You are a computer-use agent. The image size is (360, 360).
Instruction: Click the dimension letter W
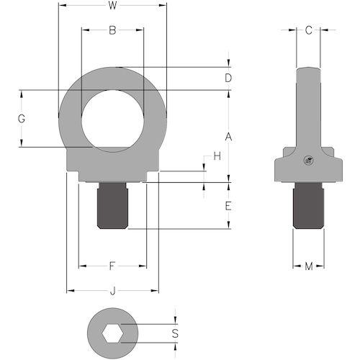pyautogui.click(x=112, y=5)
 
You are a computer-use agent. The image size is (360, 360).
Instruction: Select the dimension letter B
pyautogui.click(x=112, y=30)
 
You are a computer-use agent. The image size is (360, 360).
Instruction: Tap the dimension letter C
pyautogui.click(x=309, y=30)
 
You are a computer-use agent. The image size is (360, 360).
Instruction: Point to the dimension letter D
pyautogui.click(x=228, y=78)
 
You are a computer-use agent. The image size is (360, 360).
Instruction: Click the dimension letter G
pyautogui.click(x=22, y=119)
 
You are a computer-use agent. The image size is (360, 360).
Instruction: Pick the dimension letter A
pyautogui.click(x=228, y=137)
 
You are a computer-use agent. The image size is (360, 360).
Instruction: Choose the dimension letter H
pyautogui.click(x=217, y=156)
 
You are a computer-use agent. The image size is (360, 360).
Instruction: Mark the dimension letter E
pyautogui.click(x=228, y=206)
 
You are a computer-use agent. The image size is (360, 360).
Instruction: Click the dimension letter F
pyautogui.click(x=112, y=266)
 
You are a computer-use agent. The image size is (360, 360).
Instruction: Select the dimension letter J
pyautogui.click(x=112, y=291)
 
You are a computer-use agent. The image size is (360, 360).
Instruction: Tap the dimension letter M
pyautogui.click(x=309, y=266)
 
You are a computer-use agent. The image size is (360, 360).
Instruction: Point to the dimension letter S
pyautogui.click(x=175, y=333)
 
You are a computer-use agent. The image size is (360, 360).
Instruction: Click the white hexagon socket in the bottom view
pyautogui.click(x=112, y=333)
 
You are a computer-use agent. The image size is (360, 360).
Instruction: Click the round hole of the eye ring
pyautogui.click(x=113, y=121)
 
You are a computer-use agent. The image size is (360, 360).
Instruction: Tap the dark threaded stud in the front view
pyautogui.click(x=112, y=206)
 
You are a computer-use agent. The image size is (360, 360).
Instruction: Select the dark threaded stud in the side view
pyautogui.click(x=309, y=206)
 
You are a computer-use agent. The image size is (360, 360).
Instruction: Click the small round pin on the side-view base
pyautogui.click(x=309, y=161)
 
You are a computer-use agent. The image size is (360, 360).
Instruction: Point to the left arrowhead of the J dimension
pyautogui.click(x=70, y=291)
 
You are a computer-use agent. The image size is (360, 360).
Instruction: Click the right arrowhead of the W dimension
pyautogui.click(x=163, y=5)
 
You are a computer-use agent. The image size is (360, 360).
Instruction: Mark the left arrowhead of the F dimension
pyautogui.click(x=83, y=266)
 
